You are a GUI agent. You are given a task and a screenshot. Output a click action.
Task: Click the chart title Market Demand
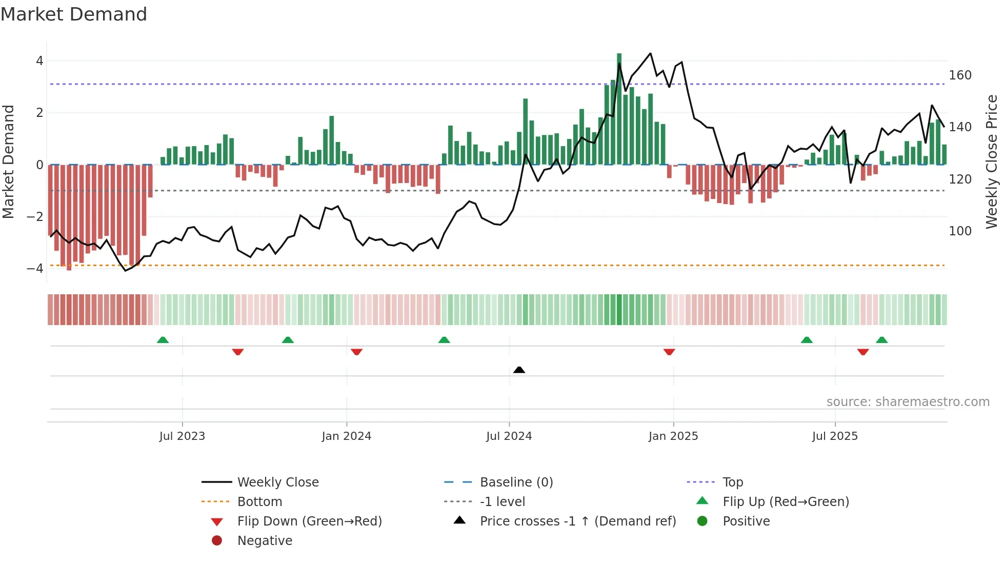pyautogui.click(x=74, y=14)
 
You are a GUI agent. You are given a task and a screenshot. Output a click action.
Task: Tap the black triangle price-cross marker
pyautogui.click(x=519, y=370)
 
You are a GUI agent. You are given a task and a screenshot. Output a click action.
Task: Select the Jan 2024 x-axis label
pyautogui.click(x=346, y=436)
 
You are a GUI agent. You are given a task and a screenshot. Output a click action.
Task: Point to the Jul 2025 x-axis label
pyautogui.click(x=834, y=436)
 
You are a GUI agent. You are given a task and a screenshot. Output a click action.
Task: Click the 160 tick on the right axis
pyautogui.click(x=960, y=75)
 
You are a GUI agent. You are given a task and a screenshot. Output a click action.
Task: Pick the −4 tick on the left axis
pyautogui.click(x=35, y=268)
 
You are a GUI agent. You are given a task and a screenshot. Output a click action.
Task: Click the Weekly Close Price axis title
pyautogui.click(x=992, y=162)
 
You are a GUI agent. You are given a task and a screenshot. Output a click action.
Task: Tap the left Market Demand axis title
pyautogui.click(x=8, y=162)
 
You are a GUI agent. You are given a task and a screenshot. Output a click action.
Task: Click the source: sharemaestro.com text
pyautogui.click(x=908, y=402)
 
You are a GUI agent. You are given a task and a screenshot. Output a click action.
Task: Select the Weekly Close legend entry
pyautogui.click(x=277, y=482)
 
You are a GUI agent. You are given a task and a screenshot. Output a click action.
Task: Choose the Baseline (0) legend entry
pyautogui.click(x=516, y=482)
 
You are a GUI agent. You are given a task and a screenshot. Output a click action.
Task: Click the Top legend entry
pyautogui.click(x=732, y=482)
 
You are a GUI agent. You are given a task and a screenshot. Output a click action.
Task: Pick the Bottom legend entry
pyautogui.click(x=259, y=502)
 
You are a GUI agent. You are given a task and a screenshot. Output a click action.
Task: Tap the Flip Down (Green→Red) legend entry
pyautogui.click(x=309, y=521)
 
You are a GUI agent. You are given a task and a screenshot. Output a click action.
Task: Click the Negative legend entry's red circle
pyautogui.click(x=217, y=541)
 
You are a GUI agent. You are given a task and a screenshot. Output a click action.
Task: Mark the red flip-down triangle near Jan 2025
pyautogui.click(x=669, y=352)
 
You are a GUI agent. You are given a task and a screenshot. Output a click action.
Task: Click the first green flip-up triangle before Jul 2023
pyautogui.click(x=163, y=340)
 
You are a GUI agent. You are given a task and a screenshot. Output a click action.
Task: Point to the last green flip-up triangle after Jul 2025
pyautogui.click(x=881, y=340)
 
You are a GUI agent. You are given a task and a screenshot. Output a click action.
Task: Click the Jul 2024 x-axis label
pyautogui.click(x=509, y=436)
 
